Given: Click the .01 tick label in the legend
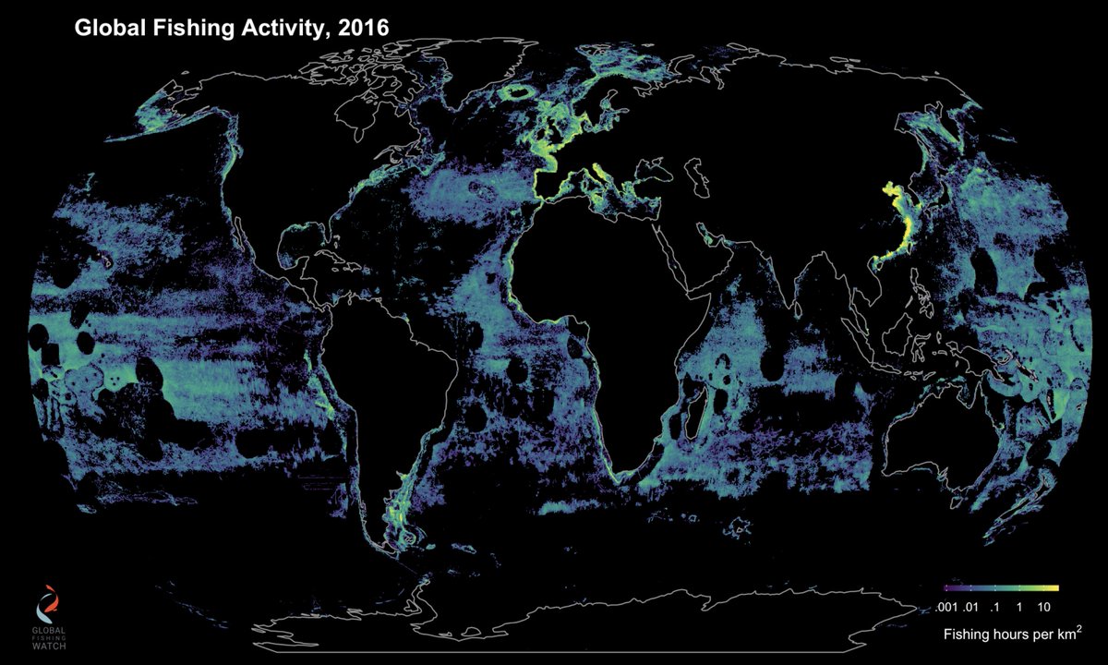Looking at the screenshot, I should (x=969, y=607).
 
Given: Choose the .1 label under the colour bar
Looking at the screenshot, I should (x=994, y=607).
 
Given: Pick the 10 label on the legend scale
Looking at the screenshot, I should (x=1044, y=607).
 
